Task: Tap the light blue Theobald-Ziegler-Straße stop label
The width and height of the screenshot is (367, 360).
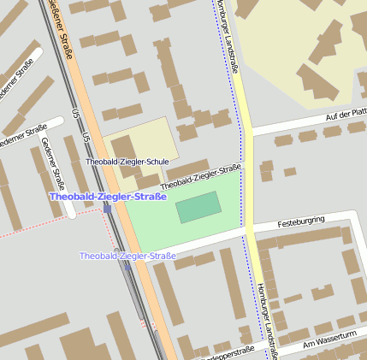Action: (127, 256)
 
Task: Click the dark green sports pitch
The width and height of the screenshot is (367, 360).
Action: (198, 207)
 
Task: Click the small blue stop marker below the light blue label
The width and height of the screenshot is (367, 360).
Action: (117, 251)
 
